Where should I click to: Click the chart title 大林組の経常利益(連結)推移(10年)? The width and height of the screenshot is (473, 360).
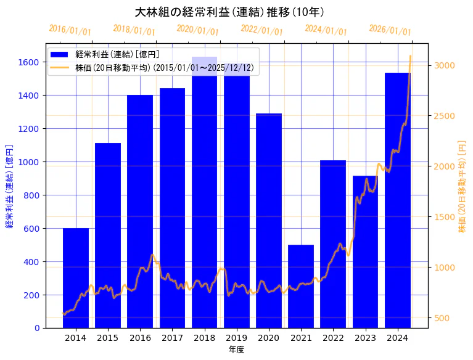click(229, 12)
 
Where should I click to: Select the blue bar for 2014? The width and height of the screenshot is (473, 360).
click(76, 277)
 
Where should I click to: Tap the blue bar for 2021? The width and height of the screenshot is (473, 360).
click(301, 286)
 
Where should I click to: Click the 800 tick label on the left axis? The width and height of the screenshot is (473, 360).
click(31, 195)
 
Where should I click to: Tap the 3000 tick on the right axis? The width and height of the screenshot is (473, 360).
click(444, 65)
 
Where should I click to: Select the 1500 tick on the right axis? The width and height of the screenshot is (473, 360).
click(444, 217)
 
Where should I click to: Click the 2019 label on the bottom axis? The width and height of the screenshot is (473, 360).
click(236, 338)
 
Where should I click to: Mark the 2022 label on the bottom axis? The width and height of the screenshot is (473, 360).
click(333, 338)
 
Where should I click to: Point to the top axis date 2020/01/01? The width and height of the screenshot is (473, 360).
click(197, 30)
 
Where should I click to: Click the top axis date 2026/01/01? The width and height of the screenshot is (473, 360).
click(390, 30)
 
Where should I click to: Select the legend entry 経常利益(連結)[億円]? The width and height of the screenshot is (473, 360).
click(117, 55)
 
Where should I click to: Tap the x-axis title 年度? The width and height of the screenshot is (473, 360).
click(236, 350)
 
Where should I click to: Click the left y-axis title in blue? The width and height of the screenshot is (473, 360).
click(9, 186)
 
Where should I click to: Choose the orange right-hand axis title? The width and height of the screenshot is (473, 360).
click(462, 186)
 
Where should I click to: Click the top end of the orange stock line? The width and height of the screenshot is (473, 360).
click(410, 56)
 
